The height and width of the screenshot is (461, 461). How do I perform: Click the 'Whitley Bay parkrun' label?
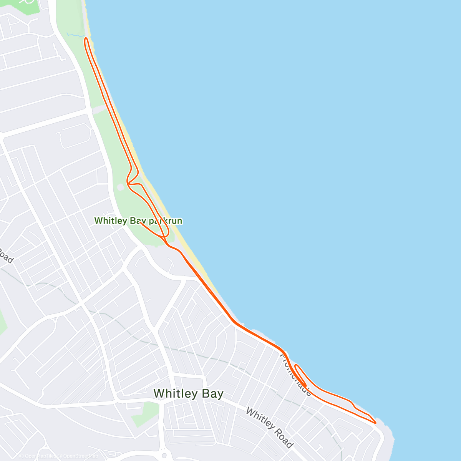coord(138,221)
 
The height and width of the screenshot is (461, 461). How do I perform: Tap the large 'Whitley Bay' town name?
coord(188,394)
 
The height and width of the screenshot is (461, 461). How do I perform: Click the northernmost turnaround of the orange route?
coord(86,39)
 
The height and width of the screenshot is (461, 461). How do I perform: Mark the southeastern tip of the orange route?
coord(375,423)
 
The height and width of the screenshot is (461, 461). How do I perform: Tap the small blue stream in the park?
coord(75,35)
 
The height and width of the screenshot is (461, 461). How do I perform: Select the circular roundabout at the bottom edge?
coord(164,456)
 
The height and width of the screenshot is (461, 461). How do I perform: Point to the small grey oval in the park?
coord(121,187)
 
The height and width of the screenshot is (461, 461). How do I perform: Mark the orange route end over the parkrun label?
coord(141,223)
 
